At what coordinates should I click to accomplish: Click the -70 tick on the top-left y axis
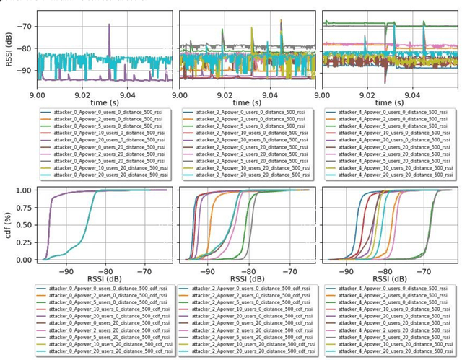point(26,26)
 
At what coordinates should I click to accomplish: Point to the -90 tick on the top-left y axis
point(26,70)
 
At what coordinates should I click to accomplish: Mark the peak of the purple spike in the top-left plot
point(110,25)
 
